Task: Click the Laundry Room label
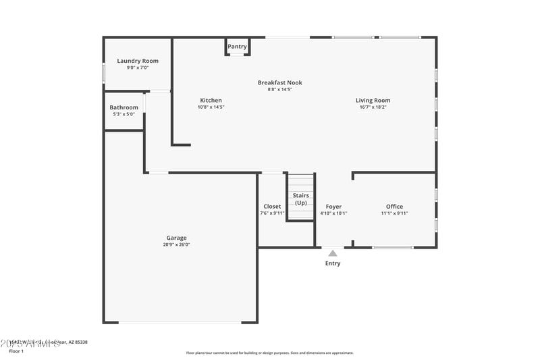138,61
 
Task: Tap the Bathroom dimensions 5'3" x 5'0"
124,114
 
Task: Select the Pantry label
237,47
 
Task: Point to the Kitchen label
211,100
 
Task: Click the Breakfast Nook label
279,82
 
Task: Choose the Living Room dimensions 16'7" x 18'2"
373,107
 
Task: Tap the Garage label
177,238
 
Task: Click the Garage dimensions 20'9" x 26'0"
177,245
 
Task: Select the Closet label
272,207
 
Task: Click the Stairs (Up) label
301,199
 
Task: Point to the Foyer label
333,207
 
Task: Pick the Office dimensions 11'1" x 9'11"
394,213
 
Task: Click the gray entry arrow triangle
333,253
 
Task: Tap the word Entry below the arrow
333,263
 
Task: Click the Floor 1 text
16,351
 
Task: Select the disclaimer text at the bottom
269,353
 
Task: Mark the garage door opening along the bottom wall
180,322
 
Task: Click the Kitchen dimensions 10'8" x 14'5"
211,107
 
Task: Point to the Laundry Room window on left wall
103,72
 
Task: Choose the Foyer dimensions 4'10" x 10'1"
333,213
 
